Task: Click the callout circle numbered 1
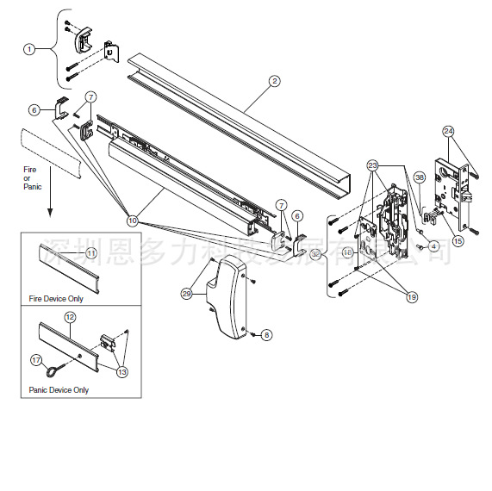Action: pos(29,49)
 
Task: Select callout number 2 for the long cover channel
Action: pos(274,82)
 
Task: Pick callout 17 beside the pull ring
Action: pos(36,359)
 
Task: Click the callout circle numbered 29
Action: pos(186,294)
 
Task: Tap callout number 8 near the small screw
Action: pos(265,333)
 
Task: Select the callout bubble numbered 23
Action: pos(372,165)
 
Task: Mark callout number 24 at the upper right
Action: pos(448,132)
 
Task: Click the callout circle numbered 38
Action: pos(420,178)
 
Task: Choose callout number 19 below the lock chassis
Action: pos(410,296)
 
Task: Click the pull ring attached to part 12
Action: pos(54,370)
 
